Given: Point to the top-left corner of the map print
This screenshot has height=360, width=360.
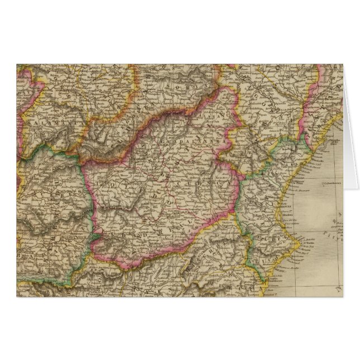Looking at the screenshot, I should pos(17,64).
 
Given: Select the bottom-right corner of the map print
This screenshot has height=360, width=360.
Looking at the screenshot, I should pos(343,297).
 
